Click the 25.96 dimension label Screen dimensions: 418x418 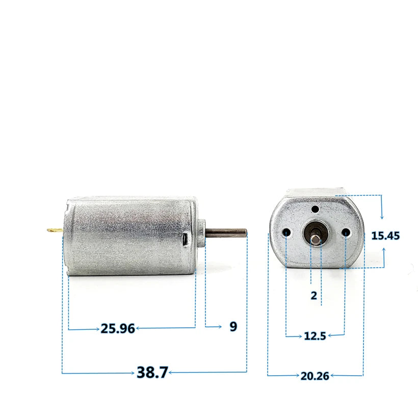(118, 329)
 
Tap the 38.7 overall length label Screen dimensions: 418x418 (152, 373)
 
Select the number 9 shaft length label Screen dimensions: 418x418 (233, 327)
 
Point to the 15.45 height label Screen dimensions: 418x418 (385, 236)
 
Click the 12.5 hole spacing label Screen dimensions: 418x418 (315, 336)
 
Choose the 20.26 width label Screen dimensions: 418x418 (315, 376)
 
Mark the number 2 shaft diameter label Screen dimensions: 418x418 (313, 295)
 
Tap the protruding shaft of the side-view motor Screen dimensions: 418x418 (227, 232)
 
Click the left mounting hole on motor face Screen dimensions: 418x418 (288, 233)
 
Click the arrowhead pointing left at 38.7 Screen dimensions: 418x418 (171, 373)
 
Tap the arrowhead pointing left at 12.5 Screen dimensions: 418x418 (331, 335)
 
